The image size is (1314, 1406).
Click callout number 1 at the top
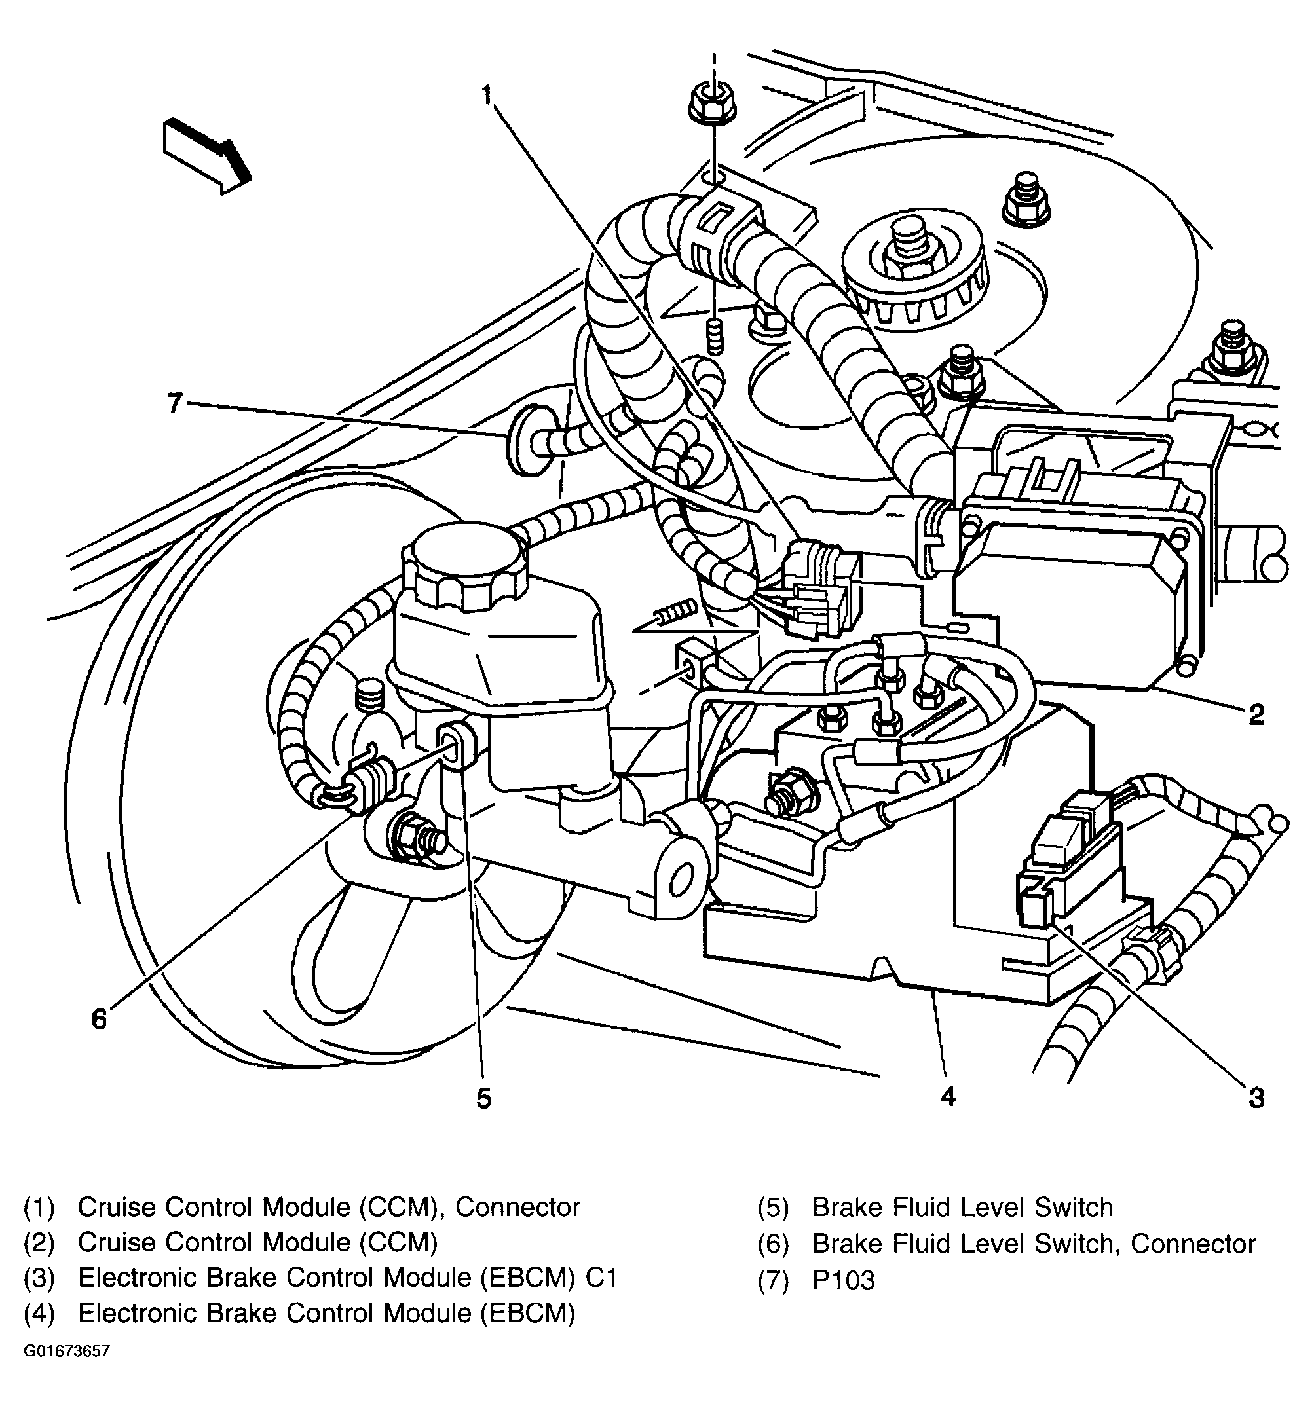487,94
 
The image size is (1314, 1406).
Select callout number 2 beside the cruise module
1255,714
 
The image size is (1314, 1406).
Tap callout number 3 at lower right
1255,1098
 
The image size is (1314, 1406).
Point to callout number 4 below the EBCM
948,1096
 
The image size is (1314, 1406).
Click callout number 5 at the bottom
483,1098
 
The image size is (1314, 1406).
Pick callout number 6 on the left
99,1019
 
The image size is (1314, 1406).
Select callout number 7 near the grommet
174,403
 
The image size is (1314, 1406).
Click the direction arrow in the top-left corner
206,155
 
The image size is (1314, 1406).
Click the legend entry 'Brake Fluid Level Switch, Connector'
1033,1244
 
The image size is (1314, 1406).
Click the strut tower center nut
908,251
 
